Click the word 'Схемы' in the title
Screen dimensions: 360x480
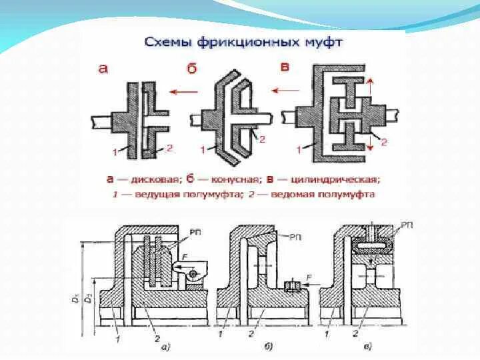pos(167,43)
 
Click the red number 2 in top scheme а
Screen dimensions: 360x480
pos(170,148)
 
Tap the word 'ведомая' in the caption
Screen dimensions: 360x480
pos(299,194)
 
